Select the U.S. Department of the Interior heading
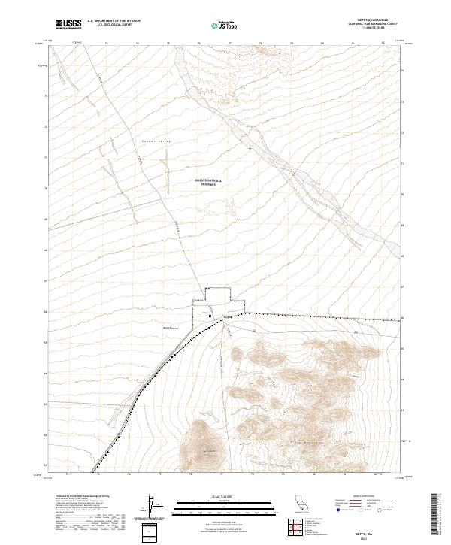coord(114,21)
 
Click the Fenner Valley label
coord(157,141)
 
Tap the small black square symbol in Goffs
coord(210,316)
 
